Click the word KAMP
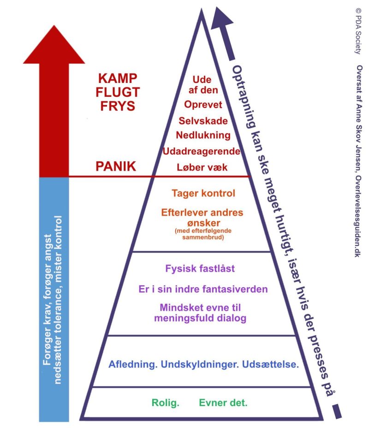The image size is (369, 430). (x=118, y=78)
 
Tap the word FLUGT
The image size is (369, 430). (x=118, y=92)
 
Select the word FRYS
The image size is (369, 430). (x=118, y=106)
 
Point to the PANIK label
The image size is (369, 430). (x=116, y=166)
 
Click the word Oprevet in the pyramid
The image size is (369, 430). (x=203, y=105)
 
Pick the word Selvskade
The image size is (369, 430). (x=203, y=121)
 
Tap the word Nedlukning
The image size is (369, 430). (x=203, y=135)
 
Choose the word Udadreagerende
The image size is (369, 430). (x=201, y=151)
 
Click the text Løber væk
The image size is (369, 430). (x=202, y=167)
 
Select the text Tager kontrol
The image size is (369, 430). (x=203, y=193)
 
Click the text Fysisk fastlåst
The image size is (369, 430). (x=200, y=269)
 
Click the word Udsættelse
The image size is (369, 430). (x=270, y=365)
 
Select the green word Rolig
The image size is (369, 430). (x=165, y=403)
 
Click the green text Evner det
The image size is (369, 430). (x=223, y=403)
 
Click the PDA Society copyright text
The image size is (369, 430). (x=358, y=31)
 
